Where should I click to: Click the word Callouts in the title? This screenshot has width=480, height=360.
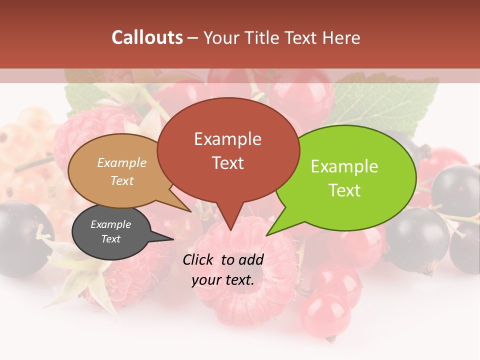coord(147,37)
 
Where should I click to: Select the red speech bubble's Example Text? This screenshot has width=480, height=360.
coord(228,150)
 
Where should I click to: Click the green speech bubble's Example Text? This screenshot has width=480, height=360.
coord(344,178)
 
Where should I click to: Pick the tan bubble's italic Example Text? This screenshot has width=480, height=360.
coord(122,171)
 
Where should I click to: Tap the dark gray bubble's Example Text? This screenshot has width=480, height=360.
coord(111,231)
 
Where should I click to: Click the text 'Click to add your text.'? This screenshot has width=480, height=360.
coord(223,269)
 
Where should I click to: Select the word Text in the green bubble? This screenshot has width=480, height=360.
coord(344,190)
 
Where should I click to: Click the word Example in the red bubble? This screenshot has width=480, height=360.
coord(228,138)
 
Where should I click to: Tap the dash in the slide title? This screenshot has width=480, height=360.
coord(193,38)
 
